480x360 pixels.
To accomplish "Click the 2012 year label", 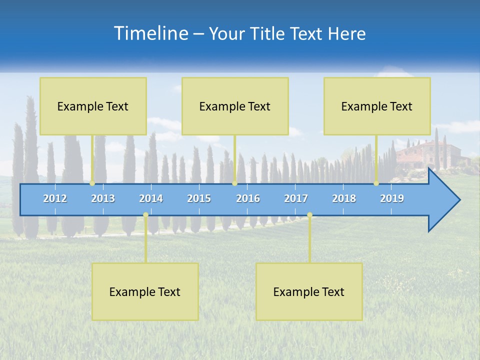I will pos(55,198).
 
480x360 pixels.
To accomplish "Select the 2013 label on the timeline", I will pos(103,198).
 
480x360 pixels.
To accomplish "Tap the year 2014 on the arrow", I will pos(151,198).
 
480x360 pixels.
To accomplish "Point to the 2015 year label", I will pos(199,198).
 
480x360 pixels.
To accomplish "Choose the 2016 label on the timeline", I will pos(248,198).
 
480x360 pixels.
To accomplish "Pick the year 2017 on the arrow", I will pos(296,198).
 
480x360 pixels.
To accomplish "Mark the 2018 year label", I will pos(344,198).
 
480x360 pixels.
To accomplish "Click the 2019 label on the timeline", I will pos(392,198).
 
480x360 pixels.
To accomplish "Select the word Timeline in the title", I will pos(150,33).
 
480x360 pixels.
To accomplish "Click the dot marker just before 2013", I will pos(92,183).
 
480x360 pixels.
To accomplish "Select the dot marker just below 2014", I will pos(145,215).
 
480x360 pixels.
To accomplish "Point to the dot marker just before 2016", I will pos(234,183).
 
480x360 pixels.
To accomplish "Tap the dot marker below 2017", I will pos(309,215).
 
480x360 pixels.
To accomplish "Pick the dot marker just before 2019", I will pos(376,183).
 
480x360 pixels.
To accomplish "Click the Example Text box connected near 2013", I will pos(93,106).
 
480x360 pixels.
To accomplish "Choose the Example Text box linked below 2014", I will pos(145,291).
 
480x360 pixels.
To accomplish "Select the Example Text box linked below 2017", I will pos(309,291).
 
